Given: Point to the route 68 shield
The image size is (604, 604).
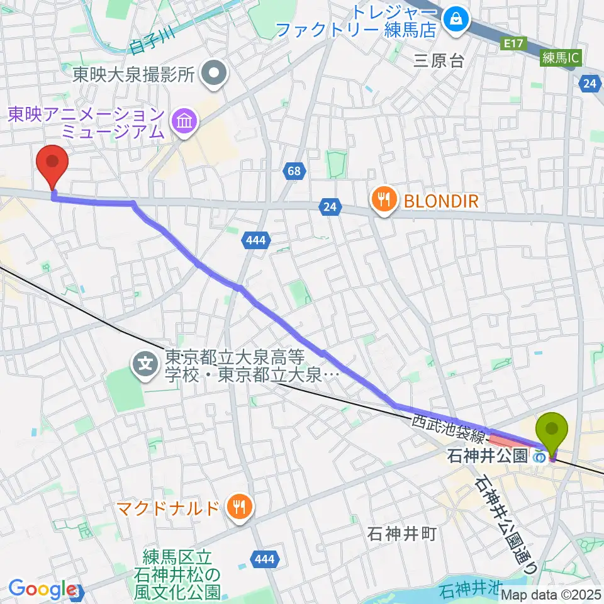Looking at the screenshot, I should point(294,171).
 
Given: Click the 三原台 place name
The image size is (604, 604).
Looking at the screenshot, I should point(439,61).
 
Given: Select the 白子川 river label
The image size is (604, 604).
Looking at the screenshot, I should point(146,45).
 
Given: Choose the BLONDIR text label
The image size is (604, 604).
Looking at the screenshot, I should point(441,201).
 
